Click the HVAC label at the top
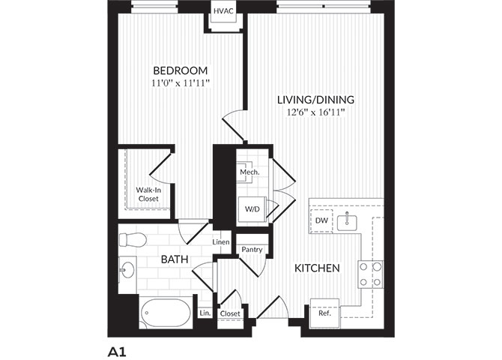tap(223, 11)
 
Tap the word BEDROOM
tap(181, 70)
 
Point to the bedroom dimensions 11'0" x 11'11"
tap(181, 83)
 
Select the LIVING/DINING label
tap(315, 100)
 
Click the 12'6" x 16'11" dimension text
tap(315, 112)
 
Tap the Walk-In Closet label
tap(148, 194)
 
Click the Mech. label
tap(250, 172)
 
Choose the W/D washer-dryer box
tap(252, 209)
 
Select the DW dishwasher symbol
tap(321, 220)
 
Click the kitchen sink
tap(347, 221)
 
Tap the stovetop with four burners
tap(370, 274)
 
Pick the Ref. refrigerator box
tap(324, 313)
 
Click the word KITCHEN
tap(317, 268)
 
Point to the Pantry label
tap(252, 250)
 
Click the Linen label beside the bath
tap(221, 242)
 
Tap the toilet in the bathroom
tap(133, 240)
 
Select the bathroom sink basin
tap(127, 269)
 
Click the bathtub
tap(166, 313)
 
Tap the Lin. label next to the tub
tap(205, 313)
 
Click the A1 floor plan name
tap(117, 352)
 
